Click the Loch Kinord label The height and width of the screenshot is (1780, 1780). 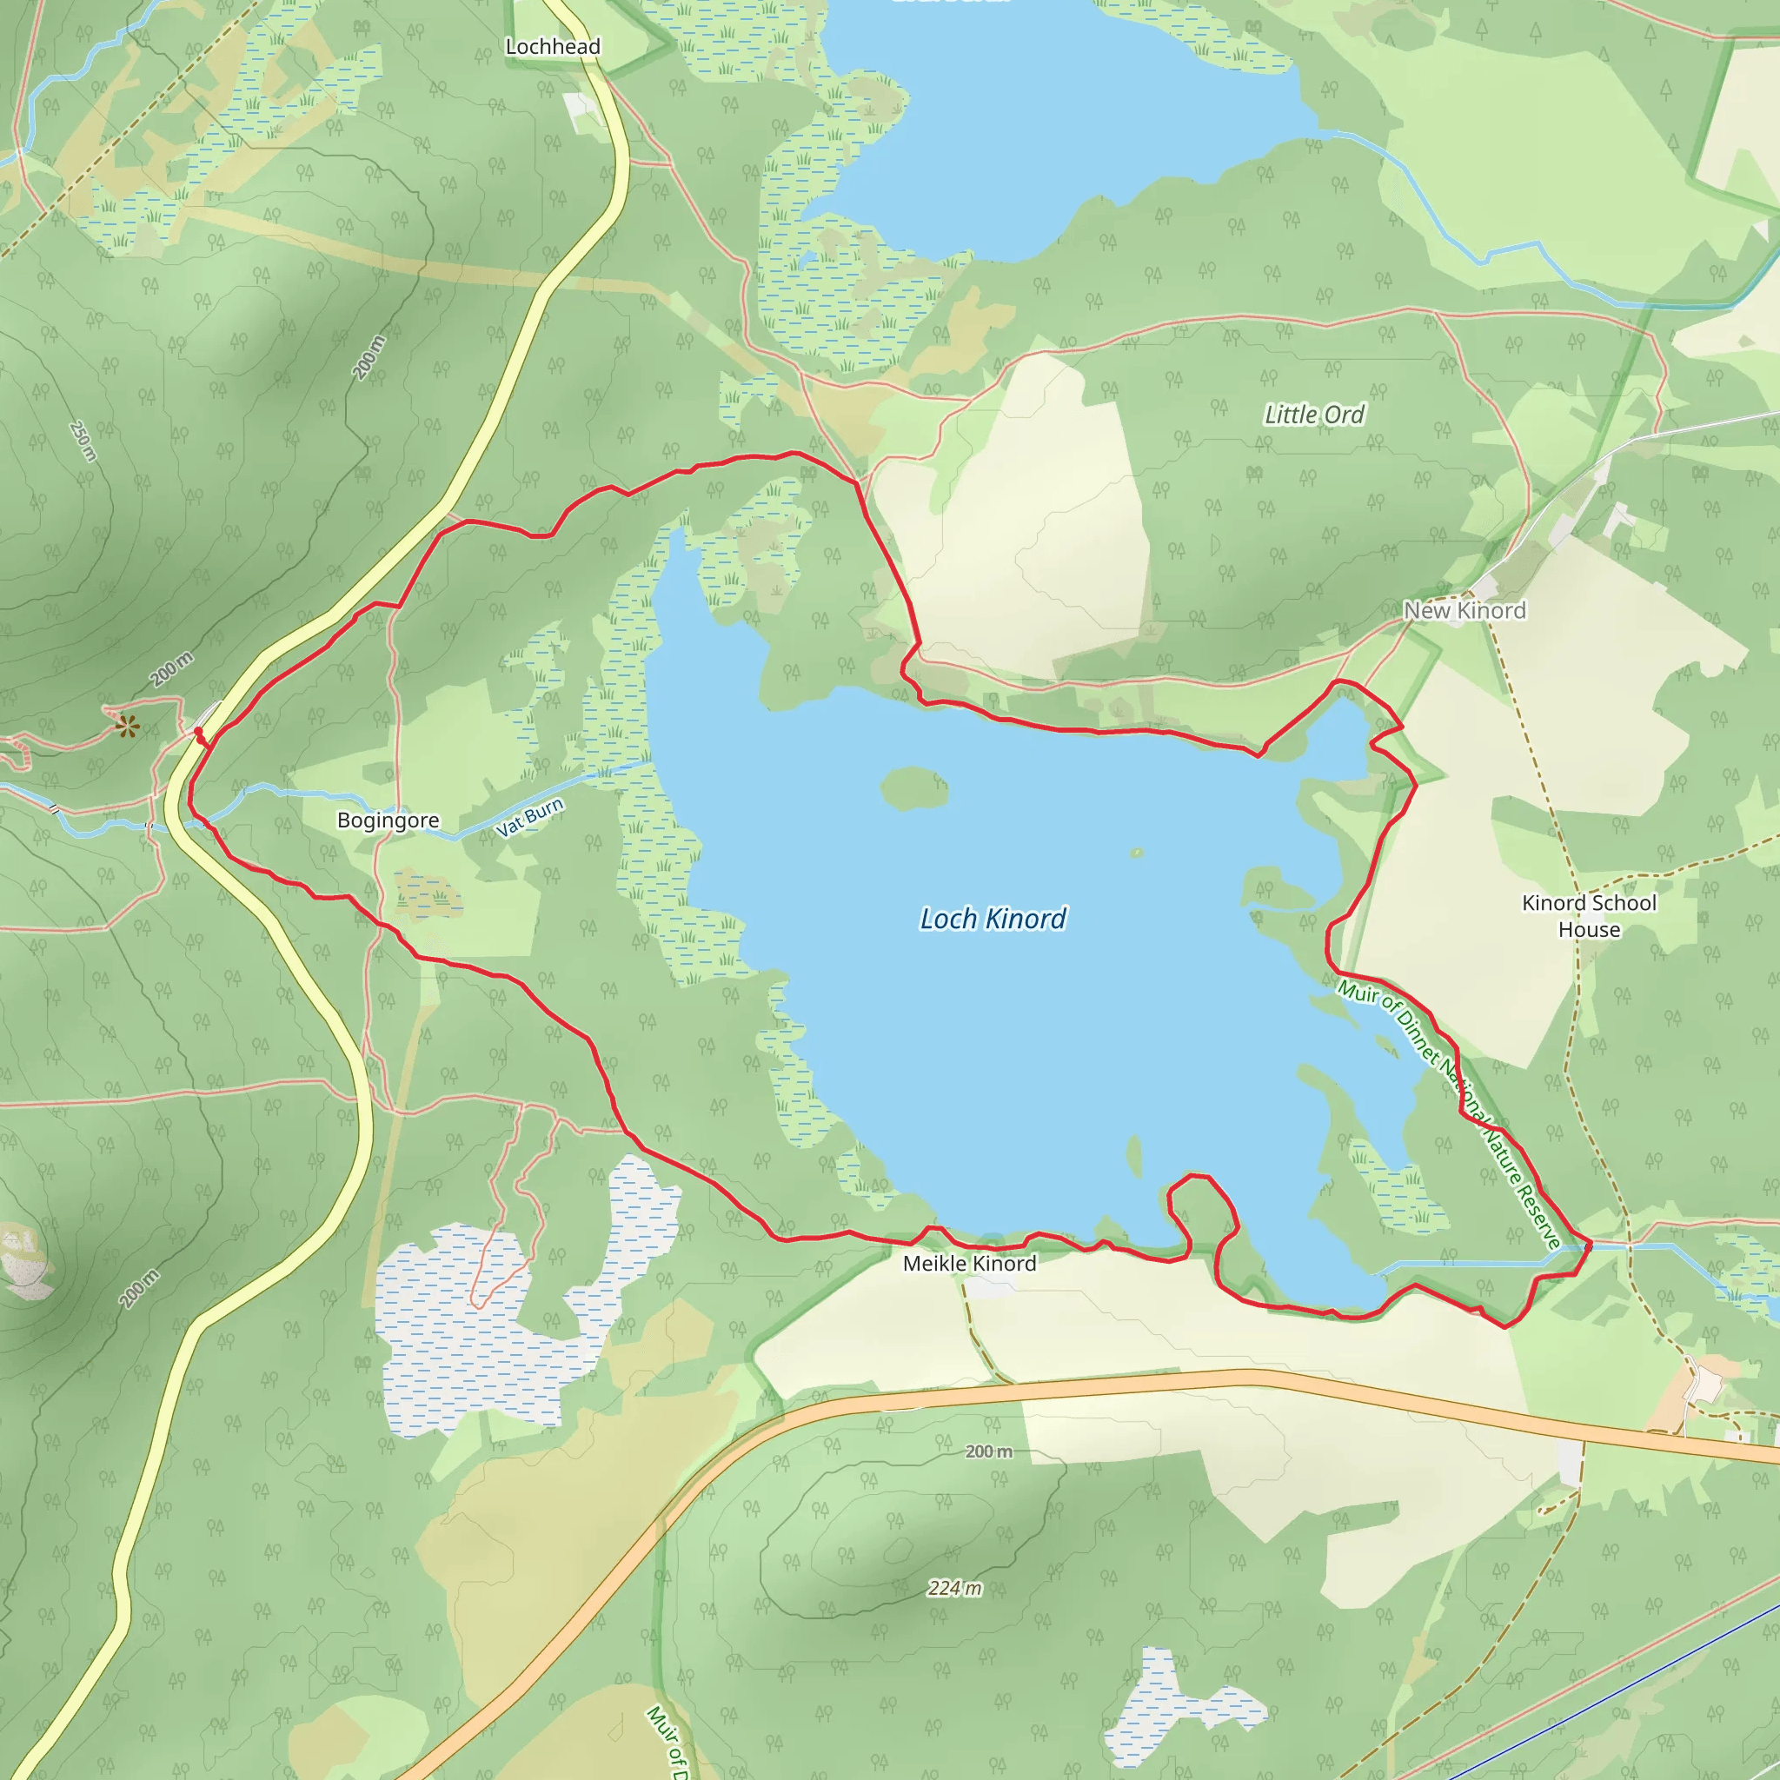tap(993, 919)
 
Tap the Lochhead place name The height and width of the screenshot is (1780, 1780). tap(553, 46)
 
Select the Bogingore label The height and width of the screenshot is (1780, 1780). tap(388, 820)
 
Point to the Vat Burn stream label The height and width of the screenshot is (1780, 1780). tap(530, 817)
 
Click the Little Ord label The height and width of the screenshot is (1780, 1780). tap(1314, 415)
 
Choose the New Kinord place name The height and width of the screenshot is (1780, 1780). tap(1464, 610)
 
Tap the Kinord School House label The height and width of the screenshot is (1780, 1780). tap(1589, 916)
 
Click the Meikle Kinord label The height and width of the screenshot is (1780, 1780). tap(969, 1263)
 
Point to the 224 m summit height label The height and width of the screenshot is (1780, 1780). tap(954, 1587)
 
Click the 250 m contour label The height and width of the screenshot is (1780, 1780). tap(83, 442)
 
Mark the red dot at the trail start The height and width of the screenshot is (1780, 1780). tap(198, 732)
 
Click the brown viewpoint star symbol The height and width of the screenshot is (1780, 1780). tap(127, 727)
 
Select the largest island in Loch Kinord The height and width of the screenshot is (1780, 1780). tap(914, 787)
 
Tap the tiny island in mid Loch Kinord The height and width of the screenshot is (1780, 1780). tap(1137, 853)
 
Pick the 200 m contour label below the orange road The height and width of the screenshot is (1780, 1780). tap(988, 1451)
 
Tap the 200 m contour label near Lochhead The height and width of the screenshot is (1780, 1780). tap(369, 357)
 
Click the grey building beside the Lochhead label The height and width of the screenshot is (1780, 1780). tap(581, 109)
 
